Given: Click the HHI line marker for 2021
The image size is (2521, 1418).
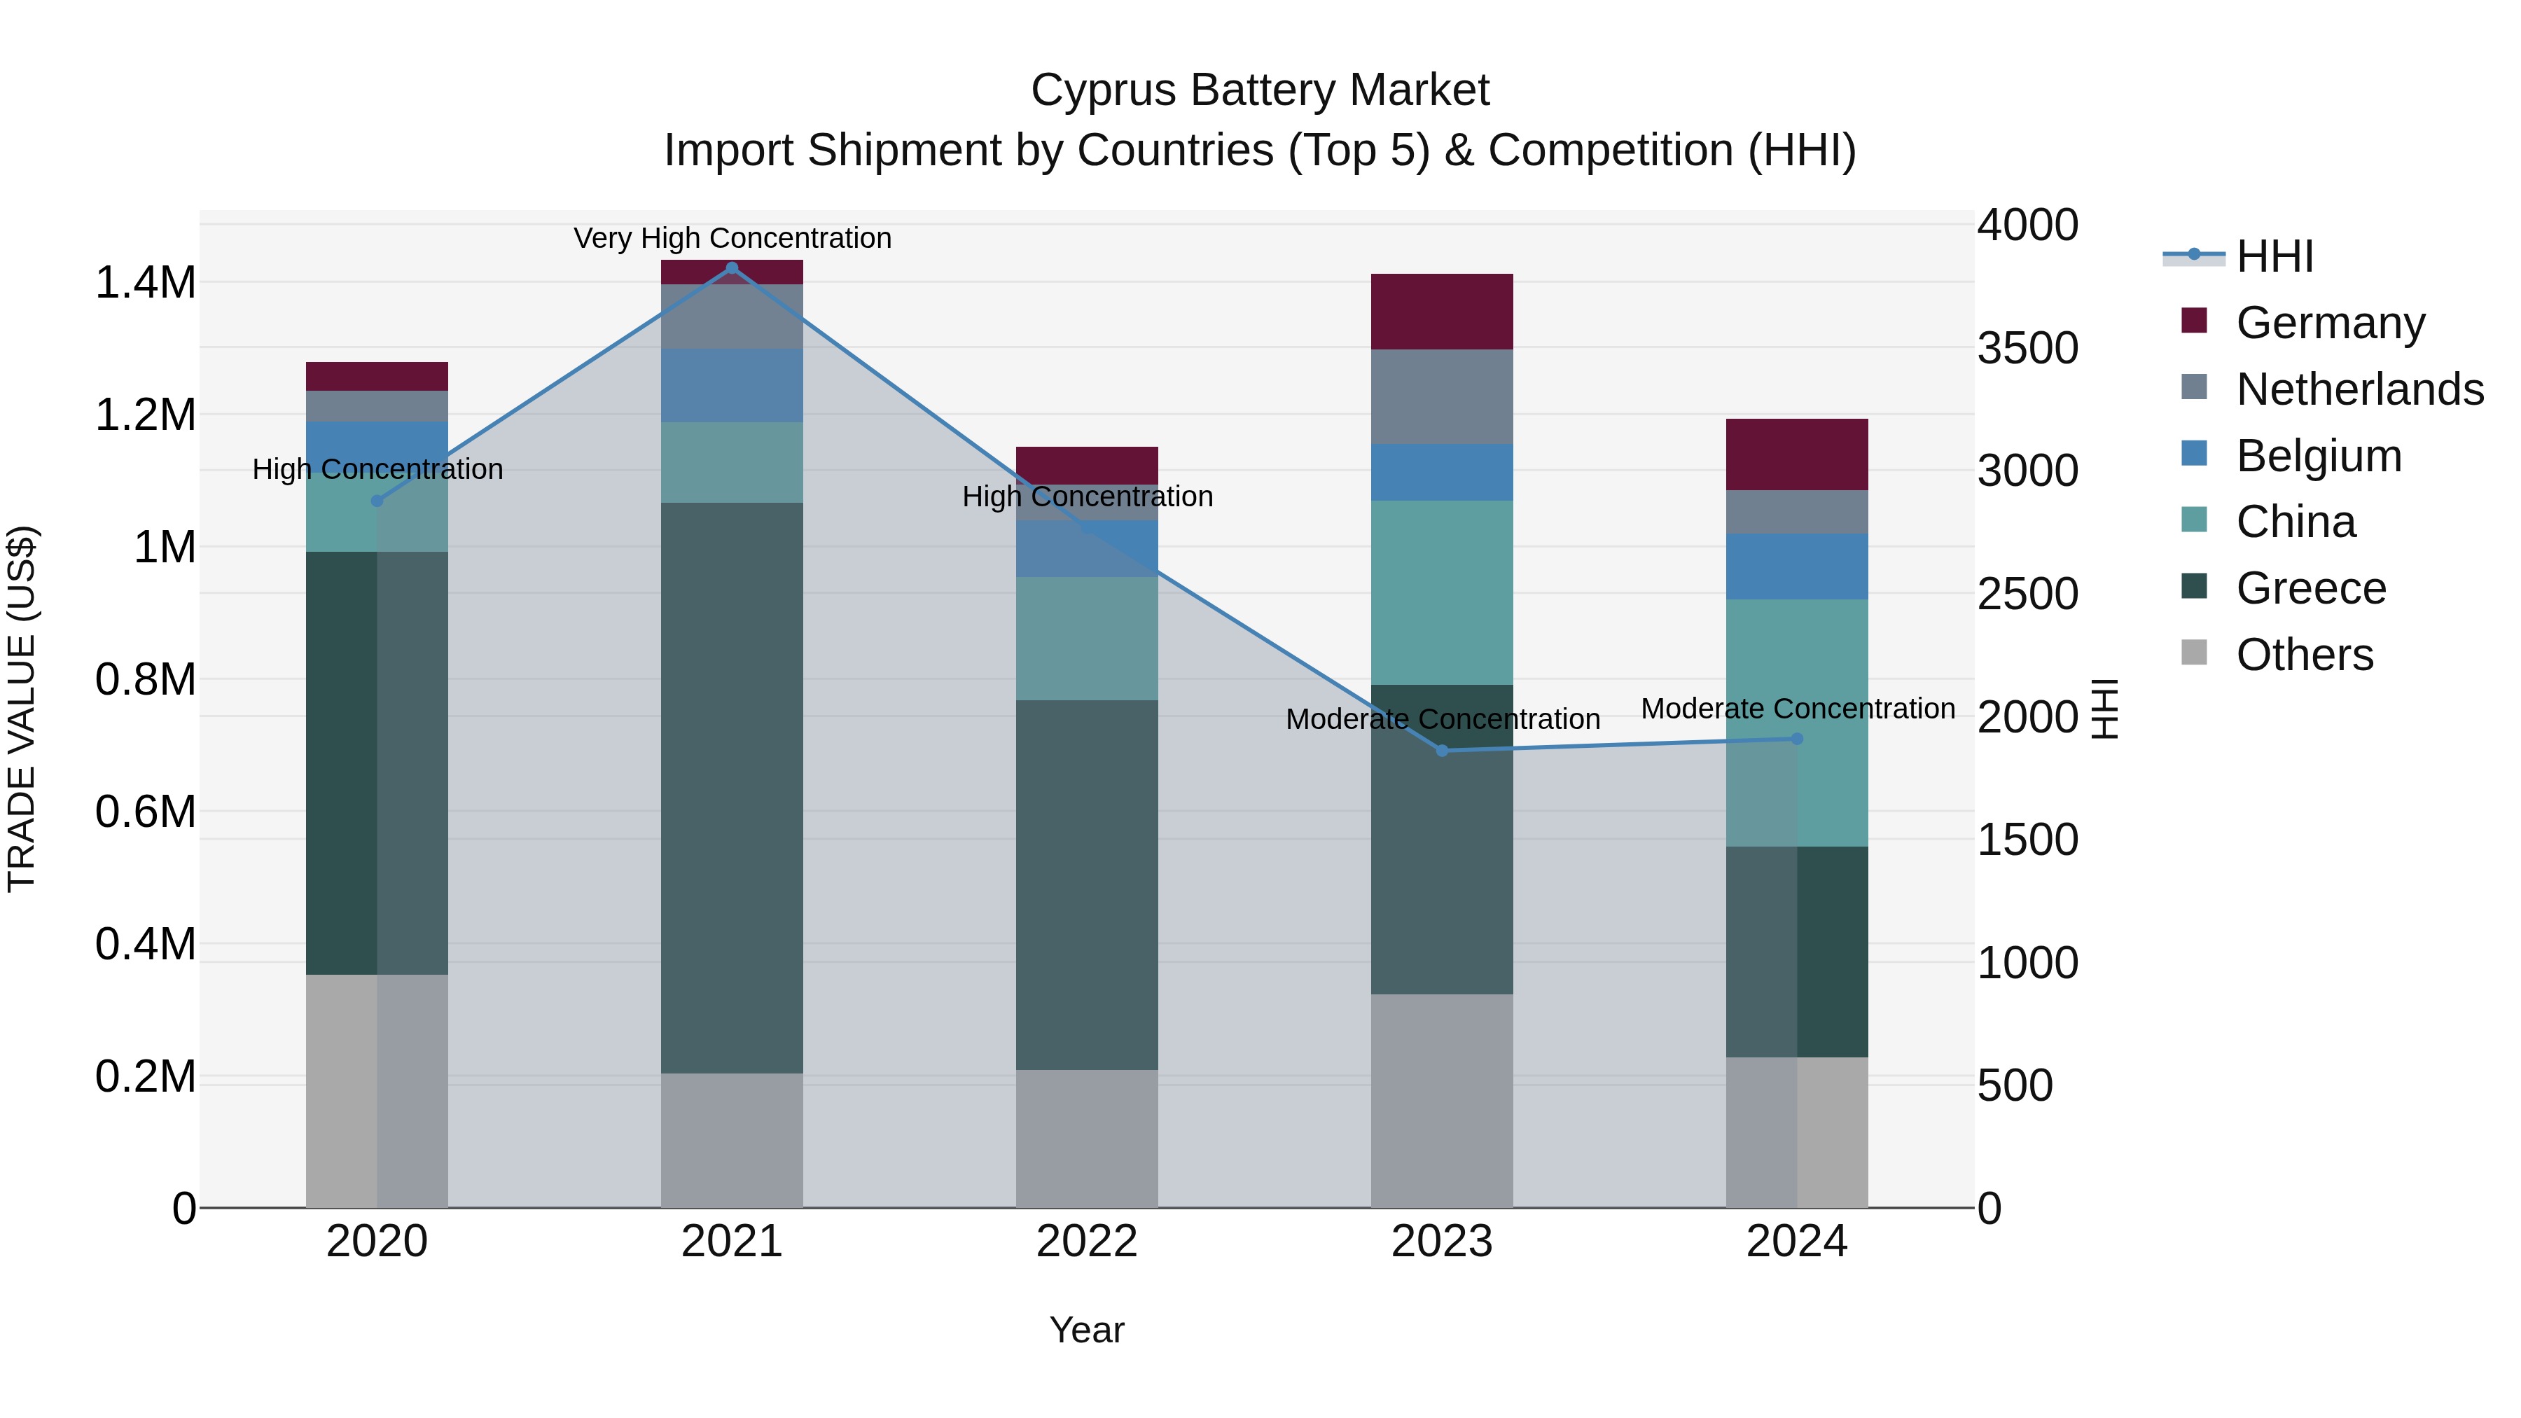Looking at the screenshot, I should click(732, 268).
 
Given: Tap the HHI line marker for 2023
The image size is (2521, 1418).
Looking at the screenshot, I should click(1442, 751).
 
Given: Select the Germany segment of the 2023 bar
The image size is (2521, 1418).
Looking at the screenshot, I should click(1442, 311).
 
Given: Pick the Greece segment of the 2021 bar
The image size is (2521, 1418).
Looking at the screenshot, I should click(732, 788).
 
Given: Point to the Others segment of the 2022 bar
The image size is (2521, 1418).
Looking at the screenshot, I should click(1086, 1138).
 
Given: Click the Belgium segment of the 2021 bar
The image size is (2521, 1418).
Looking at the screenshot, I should click(732, 386).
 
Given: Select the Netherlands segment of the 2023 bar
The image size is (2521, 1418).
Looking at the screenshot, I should click(1442, 396).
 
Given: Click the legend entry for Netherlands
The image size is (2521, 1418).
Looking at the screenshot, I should click(2359, 389).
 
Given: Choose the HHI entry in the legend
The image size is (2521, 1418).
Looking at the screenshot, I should click(2273, 256).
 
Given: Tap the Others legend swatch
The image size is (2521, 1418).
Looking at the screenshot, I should click(2194, 653).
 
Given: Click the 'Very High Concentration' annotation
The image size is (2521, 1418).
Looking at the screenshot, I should click(732, 238).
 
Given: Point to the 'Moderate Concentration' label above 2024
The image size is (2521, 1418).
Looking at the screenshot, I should click(1797, 709).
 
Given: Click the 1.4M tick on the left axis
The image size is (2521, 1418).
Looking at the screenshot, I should click(145, 283).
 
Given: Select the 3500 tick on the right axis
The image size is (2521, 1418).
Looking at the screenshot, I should click(2027, 349).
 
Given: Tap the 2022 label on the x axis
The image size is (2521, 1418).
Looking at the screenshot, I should click(1086, 1242).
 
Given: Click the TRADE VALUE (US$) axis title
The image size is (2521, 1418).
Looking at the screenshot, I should click(22, 709).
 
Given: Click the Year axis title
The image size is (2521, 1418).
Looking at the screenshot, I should click(1086, 1330).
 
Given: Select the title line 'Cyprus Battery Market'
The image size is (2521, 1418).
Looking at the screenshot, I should click(1260, 90).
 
